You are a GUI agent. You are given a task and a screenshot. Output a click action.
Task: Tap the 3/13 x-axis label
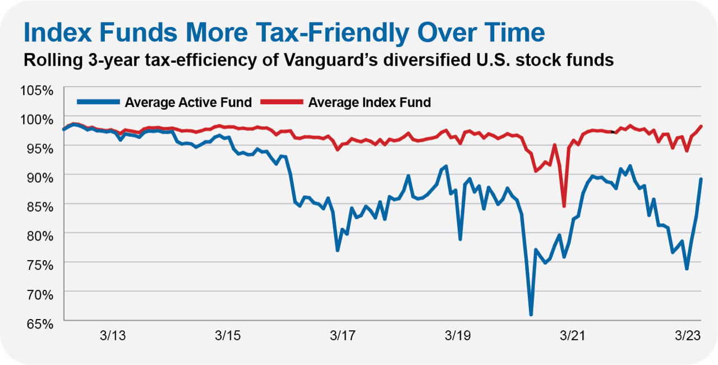(113, 336)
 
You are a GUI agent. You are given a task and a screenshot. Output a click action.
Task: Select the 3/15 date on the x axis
(227, 336)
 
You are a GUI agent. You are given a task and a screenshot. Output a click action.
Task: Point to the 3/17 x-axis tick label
(342, 336)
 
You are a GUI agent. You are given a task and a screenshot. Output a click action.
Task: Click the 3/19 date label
(457, 336)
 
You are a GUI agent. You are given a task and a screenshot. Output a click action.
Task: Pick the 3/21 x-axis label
(572, 336)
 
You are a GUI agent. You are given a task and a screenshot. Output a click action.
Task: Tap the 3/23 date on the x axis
(687, 336)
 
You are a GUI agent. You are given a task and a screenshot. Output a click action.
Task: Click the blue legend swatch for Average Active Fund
(98, 102)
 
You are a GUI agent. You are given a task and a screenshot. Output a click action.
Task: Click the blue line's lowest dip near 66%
(531, 315)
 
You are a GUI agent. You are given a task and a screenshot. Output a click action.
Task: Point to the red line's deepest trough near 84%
(564, 206)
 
